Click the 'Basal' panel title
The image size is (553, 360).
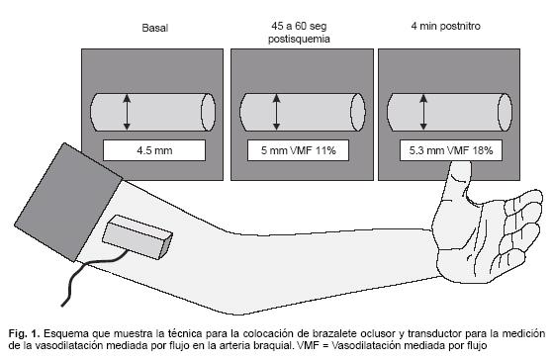(x=155, y=28)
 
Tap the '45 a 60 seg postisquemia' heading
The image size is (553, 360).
(x=299, y=32)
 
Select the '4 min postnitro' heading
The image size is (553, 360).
(x=446, y=26)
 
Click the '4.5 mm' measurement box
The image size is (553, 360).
(x=154, y=150)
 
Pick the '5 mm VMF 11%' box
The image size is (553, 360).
(x=298, y=150)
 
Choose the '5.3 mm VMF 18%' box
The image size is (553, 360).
(x=451, y=150)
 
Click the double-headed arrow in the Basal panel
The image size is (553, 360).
(x=127, y=112)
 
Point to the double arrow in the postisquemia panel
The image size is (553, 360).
(x=277, y=112)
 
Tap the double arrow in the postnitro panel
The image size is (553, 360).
(x=423, y=112)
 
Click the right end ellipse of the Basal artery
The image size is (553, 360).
(x=208, y=113)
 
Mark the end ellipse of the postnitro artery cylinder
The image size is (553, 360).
(x=505, y=113)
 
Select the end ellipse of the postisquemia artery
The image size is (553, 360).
(x=358, y=113)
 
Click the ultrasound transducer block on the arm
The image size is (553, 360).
(x=138, y=237)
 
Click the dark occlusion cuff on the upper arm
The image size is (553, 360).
(x=68, y=202)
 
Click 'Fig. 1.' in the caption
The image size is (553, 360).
(x=24, y=333)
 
